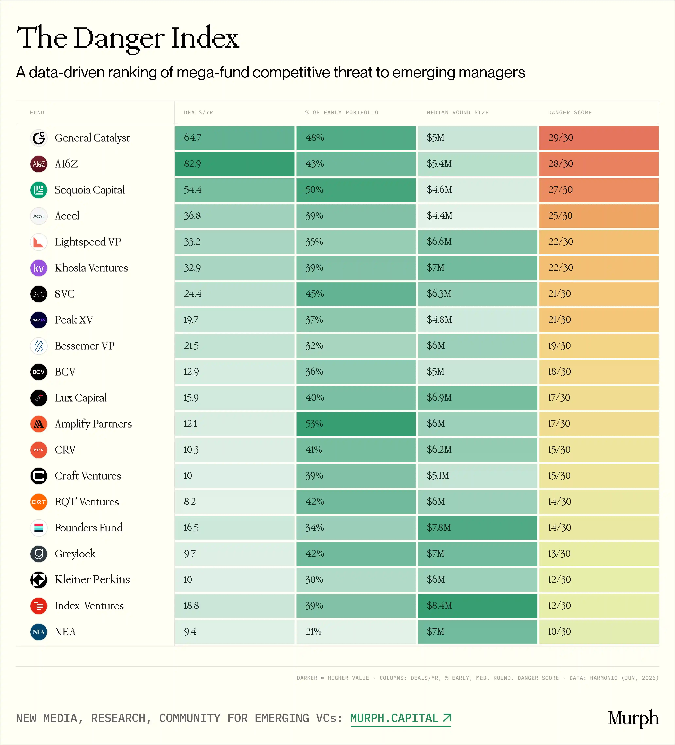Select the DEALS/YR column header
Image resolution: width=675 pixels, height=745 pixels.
tap(199, 112)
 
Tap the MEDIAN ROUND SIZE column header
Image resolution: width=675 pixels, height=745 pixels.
tap(458, 112)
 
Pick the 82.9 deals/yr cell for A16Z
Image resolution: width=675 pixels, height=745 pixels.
tap(235, 164)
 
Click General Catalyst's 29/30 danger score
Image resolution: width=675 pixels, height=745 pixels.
tap(599, 138)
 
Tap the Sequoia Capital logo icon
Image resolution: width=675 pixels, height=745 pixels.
tap(39, 190)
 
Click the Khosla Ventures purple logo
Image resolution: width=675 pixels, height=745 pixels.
tap(39, 268)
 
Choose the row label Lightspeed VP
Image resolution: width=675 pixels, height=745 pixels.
tap(88, 242)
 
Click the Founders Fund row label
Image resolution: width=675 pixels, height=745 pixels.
tap(88, 528)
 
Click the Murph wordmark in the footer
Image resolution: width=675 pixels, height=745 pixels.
tap(633, 718)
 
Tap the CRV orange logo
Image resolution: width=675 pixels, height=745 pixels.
tap(39, 450)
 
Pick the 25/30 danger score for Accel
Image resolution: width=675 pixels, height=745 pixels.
tap(599, 216)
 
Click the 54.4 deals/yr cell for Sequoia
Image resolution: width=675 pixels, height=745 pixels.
tap(235, 190)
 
